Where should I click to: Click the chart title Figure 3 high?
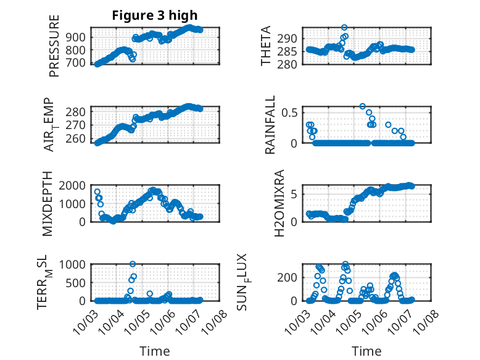click(155, 15)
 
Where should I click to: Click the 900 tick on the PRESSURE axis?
click(78, 37)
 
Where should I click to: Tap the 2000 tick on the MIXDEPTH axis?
click(75, 185)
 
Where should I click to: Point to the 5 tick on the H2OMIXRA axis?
click(296, 194)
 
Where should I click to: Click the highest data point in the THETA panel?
click(344, 28)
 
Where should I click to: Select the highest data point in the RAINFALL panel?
click(363, 106)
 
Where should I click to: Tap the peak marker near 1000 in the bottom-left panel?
click(133, 264)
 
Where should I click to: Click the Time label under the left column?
click(155, 351)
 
